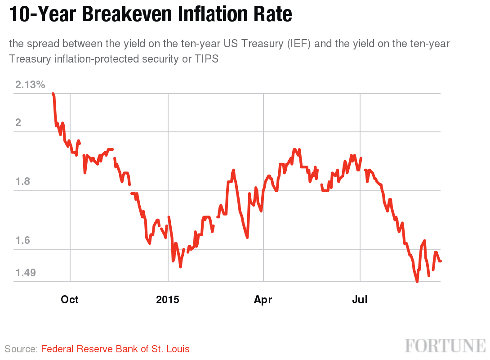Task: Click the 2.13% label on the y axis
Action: point(30,85)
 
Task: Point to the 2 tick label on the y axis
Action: point(18,123)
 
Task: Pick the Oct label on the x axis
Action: point(70,300)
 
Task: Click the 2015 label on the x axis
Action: point(168,300)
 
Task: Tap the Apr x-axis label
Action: point(263,300)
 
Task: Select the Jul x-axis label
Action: point(360,300)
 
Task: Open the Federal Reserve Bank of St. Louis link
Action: point(115,349)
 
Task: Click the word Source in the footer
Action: point(21,349)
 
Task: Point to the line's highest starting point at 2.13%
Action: point(53,94)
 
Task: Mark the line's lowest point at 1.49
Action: point(417,281)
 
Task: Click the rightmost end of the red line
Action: point(441,261)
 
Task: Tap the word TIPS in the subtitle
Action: point(206,59)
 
